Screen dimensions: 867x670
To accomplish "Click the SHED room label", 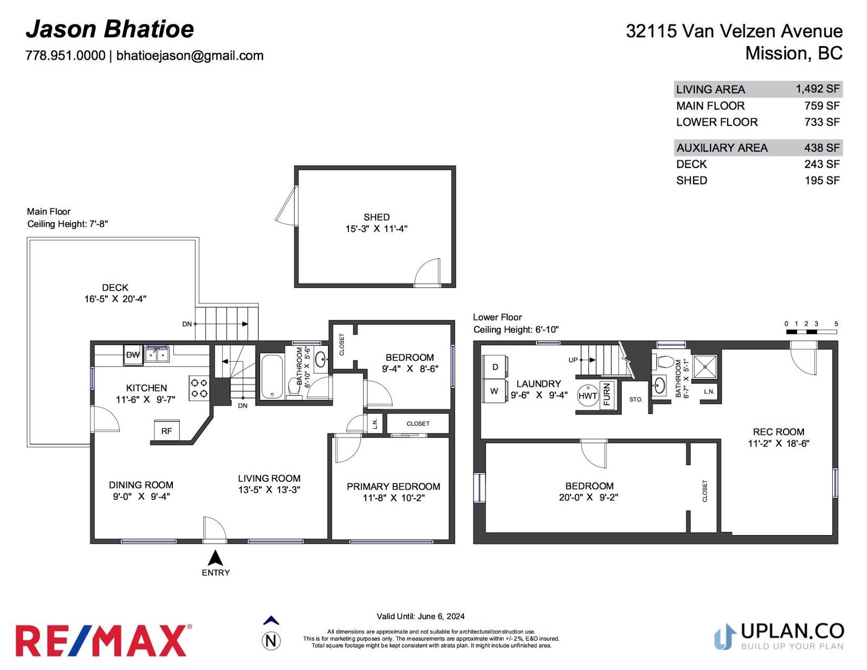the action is click(x=376, y=217).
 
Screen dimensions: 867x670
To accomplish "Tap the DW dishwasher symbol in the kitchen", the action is click(x=133, y=355).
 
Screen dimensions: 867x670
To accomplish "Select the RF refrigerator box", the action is click(x=166, y=430).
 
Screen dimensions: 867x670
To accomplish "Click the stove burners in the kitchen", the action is click(x=199, y=388).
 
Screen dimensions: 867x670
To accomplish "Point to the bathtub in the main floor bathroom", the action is click(x=272, y=376).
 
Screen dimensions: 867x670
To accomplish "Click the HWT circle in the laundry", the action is click(x=588, y=396).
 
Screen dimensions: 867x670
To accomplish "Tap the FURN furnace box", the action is click(x=607, y=394).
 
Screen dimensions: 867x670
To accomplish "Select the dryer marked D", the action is click(x=495, y=367).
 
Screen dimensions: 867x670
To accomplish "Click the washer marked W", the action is click(x=495, y=391).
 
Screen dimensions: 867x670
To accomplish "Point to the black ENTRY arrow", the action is click(x=216, y=557).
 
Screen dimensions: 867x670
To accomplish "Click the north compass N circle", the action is click(x=271, y=641).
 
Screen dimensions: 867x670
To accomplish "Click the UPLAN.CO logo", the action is click(x=779, y=636).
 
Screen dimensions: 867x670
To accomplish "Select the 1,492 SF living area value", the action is click(x=818, y=88).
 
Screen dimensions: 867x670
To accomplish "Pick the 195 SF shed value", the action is click(x=822, y=181).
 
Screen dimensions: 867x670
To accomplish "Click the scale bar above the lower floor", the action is click(x=811, y=332).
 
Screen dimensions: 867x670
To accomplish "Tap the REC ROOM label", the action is click(x=779, y=432).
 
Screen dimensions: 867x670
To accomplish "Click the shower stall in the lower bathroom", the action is click(x=705, y=366).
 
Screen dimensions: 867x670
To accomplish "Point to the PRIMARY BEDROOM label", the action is click(x=393, y=486).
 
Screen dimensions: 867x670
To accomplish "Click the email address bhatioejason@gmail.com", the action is click(x=190, y=55).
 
